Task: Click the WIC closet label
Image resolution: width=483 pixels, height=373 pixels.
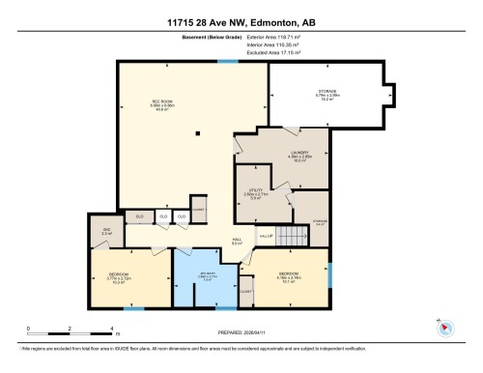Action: [x=106, y=230]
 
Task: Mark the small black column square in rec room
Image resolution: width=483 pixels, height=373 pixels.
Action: [x=194, y=135]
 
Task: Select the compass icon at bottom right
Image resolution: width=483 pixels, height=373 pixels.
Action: [x=444, y=327]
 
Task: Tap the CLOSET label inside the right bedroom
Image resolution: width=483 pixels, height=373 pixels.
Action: [x=245, y=290]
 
